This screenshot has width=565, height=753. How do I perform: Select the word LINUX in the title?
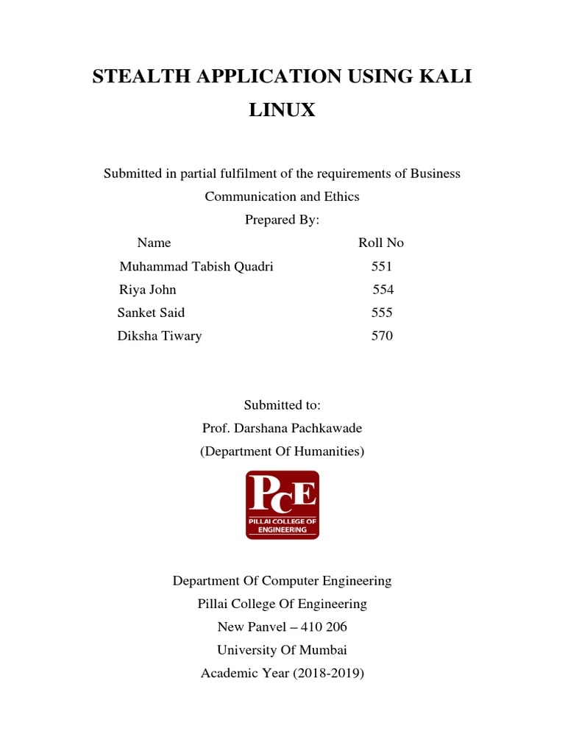point(282,110)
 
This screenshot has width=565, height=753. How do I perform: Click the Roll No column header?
point(381,243)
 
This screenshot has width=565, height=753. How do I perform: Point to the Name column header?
point(154,243)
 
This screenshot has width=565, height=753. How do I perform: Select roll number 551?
point(382,266)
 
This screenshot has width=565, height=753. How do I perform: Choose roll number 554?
point(383,290)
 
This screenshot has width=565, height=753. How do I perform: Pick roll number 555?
point(382,313)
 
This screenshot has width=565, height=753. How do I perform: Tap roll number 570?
point(382,336)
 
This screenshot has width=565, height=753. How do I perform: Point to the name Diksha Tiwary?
point(160,336)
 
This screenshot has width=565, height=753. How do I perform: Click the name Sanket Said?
point(151,313)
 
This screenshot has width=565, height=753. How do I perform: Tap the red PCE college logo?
point(282,505)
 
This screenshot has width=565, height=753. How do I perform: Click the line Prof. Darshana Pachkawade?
point(282,428)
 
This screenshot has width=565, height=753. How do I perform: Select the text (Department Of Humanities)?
point(282,452)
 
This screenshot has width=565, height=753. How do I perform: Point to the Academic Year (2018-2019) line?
point(282,674)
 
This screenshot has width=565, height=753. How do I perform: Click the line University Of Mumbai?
point(282,650)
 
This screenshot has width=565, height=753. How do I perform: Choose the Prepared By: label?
point(282,220)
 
